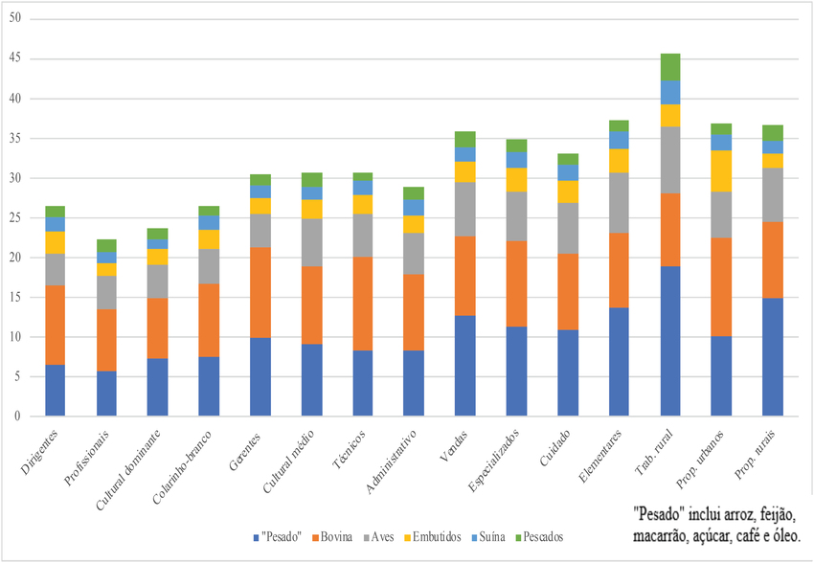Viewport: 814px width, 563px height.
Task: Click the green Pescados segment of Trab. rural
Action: tap(670, 67)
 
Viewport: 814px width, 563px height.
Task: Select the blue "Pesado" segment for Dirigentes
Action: tap(56, 390)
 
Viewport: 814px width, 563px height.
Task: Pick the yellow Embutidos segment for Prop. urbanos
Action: tap(721, 170)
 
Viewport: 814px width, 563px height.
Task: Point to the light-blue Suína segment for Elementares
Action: tap(620, 140)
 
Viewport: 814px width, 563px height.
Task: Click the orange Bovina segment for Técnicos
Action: tap(363, 304)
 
